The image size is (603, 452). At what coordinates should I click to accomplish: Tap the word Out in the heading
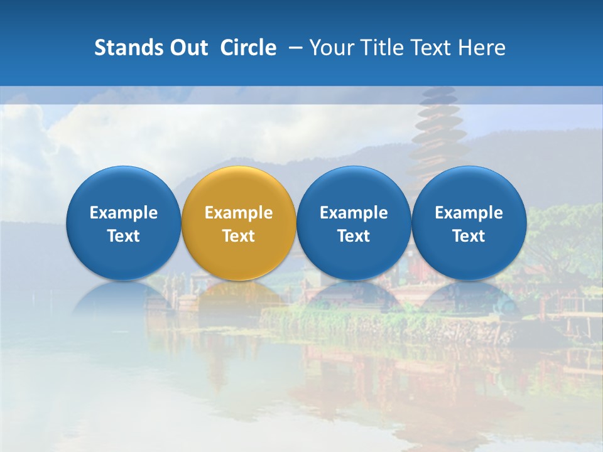(187, 48)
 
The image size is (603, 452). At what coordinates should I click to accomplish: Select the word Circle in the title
(248, 48)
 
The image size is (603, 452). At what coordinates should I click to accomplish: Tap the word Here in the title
(482, 48)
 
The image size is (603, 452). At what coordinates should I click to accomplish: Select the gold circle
(239, 188)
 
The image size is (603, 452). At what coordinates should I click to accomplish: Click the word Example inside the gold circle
(239, 213)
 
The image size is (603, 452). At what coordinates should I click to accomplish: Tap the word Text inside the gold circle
(239, 236)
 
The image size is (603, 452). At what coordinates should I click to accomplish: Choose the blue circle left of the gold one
(123, 188)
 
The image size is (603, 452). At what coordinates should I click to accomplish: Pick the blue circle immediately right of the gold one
(354, 188)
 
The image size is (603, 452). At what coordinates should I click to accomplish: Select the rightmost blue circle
(469, 188)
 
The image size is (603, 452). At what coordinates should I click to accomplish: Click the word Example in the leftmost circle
(123, 213)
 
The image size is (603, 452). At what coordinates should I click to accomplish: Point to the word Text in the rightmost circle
(469, 236)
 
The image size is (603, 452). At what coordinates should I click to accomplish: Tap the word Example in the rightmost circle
(469, 213)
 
